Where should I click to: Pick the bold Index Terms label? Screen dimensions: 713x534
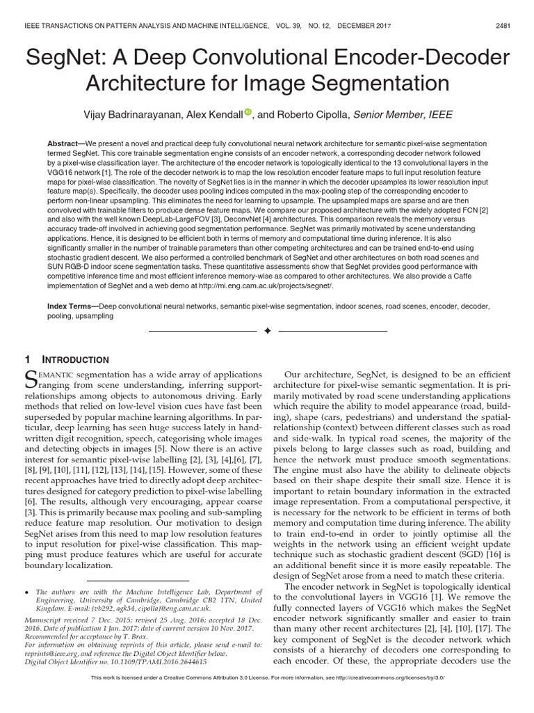click(72, 306)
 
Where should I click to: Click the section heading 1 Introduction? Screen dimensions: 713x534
click(67, 360)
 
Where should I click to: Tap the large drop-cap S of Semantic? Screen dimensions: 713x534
click(31, 379)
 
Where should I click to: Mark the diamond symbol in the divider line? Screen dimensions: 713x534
click(266, 329)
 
